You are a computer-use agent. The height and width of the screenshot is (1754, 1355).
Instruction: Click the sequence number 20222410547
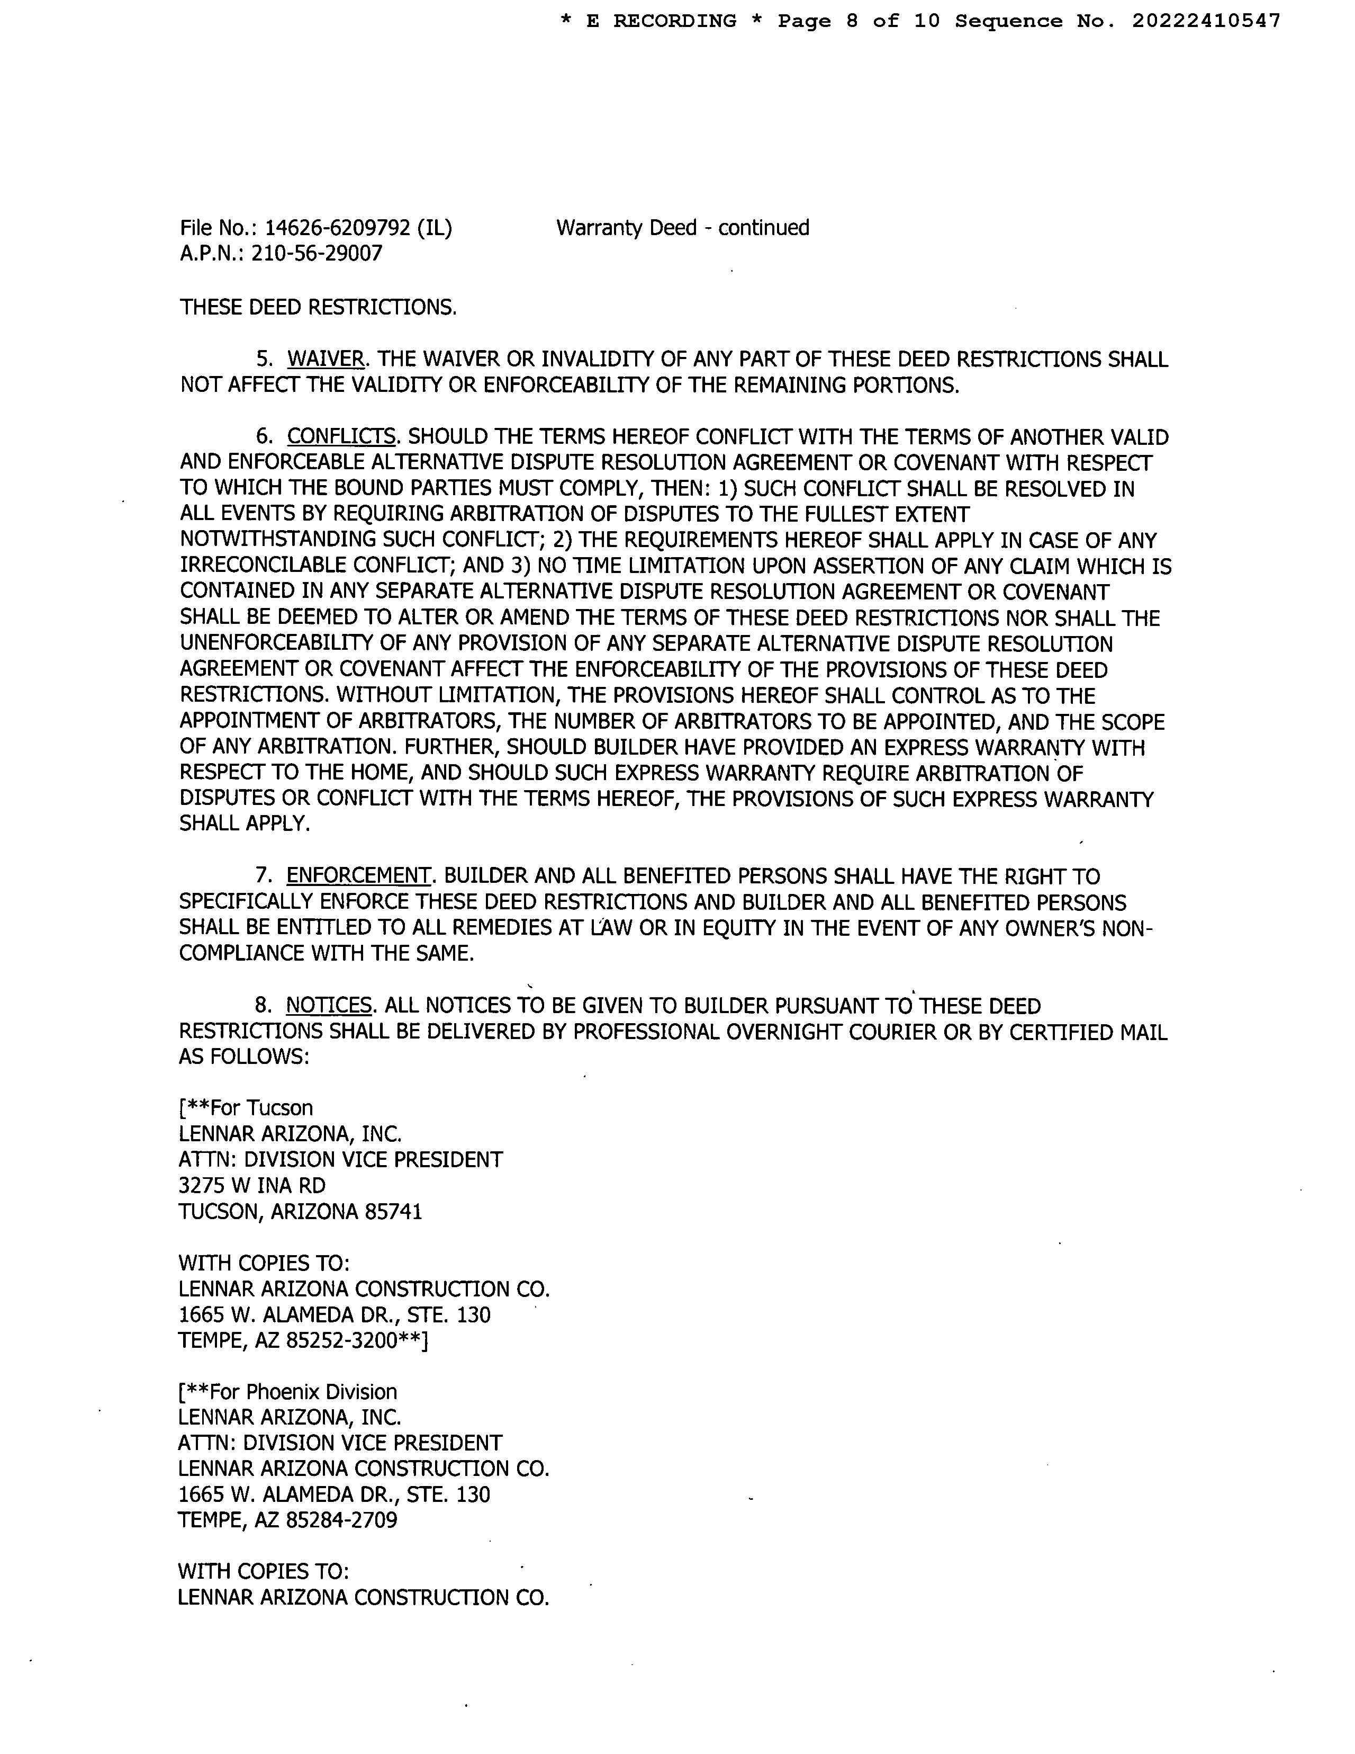coord(1206,22)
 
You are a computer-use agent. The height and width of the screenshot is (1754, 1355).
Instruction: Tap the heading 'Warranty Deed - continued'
coord(682,228)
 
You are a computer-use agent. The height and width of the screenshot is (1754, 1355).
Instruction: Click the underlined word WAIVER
coord(325,360)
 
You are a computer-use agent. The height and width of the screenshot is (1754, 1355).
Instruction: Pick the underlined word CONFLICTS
coord(341,437)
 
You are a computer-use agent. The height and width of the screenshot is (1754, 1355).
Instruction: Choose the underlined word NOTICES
coord(329,1006)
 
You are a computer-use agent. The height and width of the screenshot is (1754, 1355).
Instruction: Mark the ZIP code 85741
coord(393,1212)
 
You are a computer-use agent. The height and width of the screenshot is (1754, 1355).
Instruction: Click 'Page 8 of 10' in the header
coord(858,22)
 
